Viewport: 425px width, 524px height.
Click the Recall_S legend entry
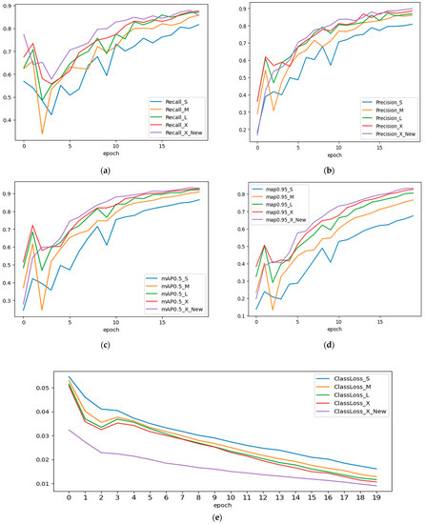[172, 99]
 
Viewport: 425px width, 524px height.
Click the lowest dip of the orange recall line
[41, 133]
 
